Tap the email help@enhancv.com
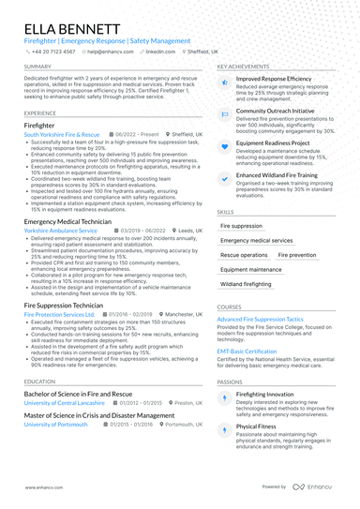point(110,52)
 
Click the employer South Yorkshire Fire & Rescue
point(62,135)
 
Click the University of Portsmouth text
point(55,424)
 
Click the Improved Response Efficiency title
point(274,81)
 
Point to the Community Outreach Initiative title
point(276,110)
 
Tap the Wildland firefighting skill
point(246,283)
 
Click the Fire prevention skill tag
point(297,255)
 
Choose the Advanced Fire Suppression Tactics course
point(261,320)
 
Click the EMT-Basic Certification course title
point(247,352)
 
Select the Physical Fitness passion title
point(257,426)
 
